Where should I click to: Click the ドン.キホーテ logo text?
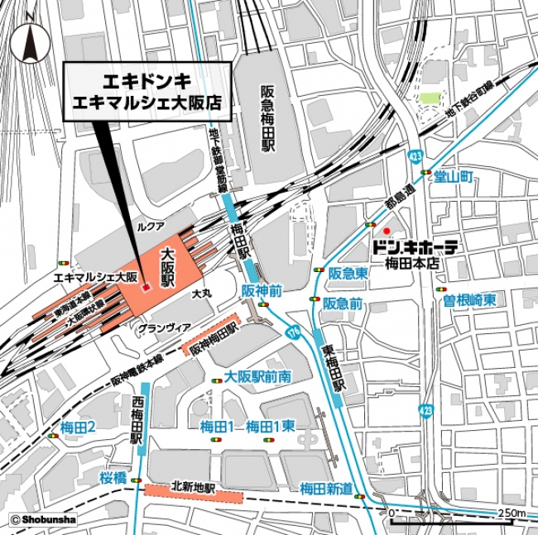[x=415, y=247]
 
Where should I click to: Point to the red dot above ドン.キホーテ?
[x=386, y=229]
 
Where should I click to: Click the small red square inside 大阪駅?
[x=146, y=287]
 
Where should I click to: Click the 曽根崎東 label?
[x=468, y=300]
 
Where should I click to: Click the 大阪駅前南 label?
[x=257, y=376]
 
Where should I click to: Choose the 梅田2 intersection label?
[x=79, y=427]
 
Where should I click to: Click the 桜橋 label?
[x=113, y=477]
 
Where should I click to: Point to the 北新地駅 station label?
[x=193, y=488]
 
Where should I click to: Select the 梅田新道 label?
[x=326, y=487]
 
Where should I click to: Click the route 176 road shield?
[x=295, y=333]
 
